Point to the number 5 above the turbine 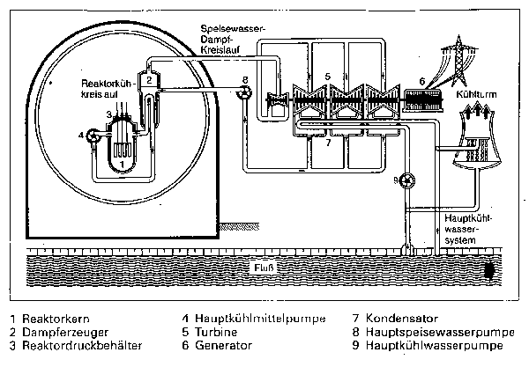point(326,77)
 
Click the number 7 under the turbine point(327,141)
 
